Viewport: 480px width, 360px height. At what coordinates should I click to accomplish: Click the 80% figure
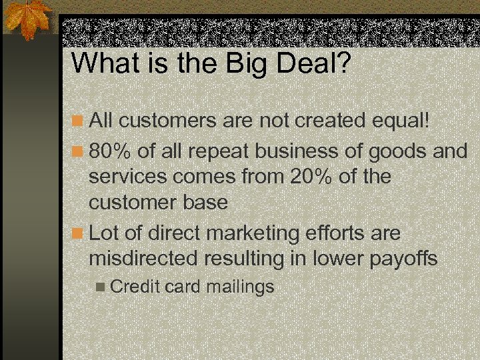111,151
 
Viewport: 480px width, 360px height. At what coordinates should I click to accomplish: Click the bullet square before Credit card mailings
101,288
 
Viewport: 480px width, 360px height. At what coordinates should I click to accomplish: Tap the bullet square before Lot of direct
79,234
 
